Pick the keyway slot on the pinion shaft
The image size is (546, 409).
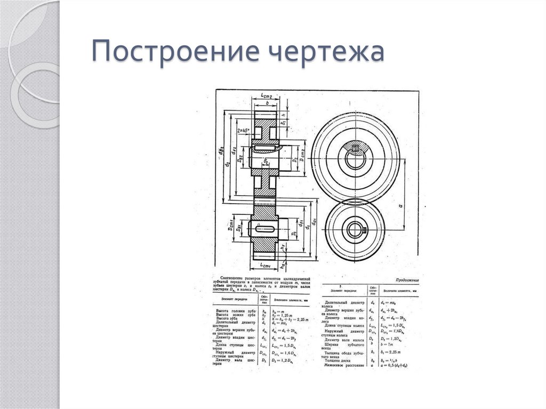[264, 229]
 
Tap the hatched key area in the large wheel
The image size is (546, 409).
[355, 147]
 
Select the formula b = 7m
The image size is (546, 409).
[386, 346]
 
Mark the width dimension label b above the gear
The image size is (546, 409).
[267, 103]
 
